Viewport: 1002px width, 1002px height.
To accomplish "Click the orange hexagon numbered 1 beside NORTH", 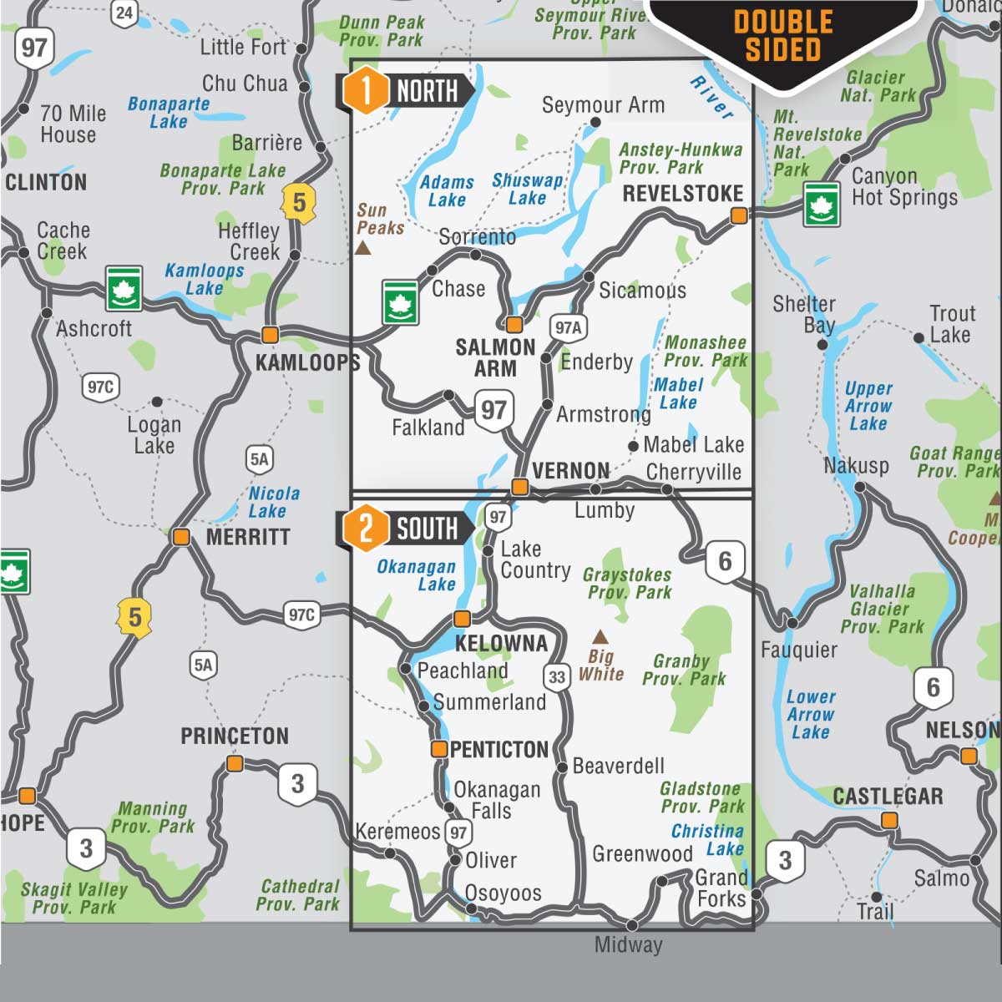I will click(x=365, y=90).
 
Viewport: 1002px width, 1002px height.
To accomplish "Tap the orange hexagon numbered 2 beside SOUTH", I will click(x=365, y=529).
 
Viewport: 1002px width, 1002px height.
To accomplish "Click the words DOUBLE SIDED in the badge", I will click(x=783, y=36).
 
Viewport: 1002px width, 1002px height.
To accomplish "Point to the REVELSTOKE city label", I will click(x=683, y=193).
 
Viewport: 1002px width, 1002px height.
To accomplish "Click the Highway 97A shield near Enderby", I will click(x=568, y=327).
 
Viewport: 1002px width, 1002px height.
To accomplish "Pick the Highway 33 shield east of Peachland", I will click(x=557, y=677).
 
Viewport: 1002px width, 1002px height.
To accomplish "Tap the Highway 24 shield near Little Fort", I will click(x=124, y=13).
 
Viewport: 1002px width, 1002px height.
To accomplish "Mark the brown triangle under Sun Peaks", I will click(x=363, y=248).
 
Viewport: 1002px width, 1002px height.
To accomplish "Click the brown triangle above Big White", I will click(x=600, y=637).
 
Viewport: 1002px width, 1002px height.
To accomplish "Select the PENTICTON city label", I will click(x=498, y=750).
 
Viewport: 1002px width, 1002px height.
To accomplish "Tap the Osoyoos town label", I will click(x=503, y=893).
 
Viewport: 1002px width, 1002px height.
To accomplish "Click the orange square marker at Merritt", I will click(x=181, y=537).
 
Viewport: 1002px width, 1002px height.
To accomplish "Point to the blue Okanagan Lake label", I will click(x=416, y=575).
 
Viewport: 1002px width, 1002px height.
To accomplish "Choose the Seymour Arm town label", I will click(x=603, y=105).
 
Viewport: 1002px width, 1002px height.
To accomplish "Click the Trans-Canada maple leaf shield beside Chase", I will click(x=400, y=301).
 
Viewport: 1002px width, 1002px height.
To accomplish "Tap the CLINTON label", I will click(x=46, y=182).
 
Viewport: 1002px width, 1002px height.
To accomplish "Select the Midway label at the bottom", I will click(x=628, y=944).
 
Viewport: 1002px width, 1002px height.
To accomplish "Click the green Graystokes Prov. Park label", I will click(x=627, y=583).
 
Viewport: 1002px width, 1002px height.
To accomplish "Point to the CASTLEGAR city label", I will click(x=888, y=796).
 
